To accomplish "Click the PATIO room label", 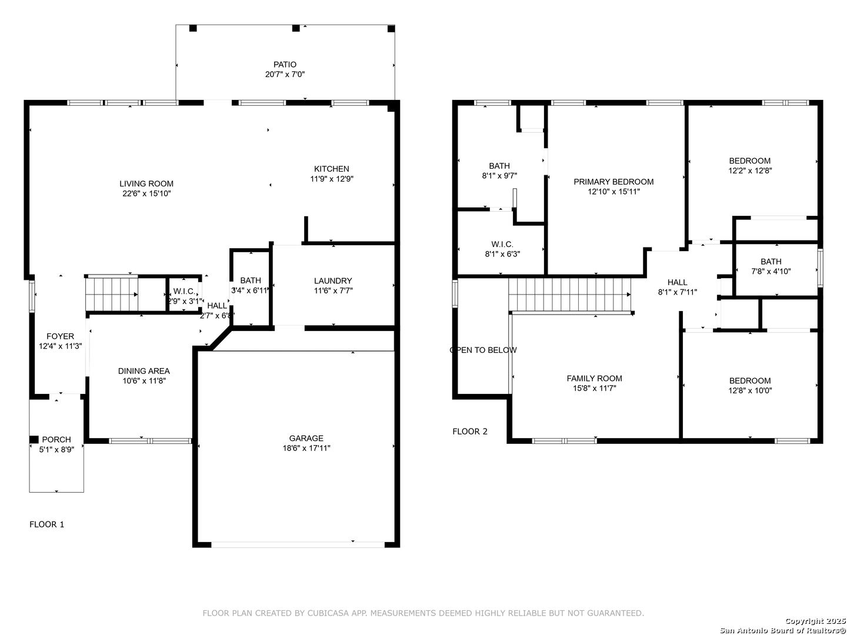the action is tap(285, 65).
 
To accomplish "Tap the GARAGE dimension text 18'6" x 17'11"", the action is tap(306, 447).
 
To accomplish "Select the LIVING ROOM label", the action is tap(146, 183).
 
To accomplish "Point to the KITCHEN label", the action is tap(332, 169).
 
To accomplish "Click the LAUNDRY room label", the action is tap(333, 280).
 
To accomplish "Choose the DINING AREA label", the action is tap(144, 371).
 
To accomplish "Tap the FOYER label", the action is tap(60, 336).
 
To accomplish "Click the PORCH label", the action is tap(56, 440).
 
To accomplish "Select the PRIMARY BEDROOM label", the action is tap(613, 182).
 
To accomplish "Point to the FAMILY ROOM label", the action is tap(594, 378).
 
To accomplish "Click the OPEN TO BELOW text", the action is tap(483, 350).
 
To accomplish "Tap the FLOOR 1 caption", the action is tap(46, 524).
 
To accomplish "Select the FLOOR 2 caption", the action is tap(470, 432).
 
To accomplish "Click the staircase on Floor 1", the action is tap(112, 294).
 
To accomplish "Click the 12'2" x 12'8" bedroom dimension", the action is tap(750, 171).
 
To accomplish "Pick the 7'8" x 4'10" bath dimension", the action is tap(771, 271).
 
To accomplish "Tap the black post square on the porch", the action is tap(34, 440).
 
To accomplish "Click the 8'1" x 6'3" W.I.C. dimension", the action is tap(502, 253).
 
